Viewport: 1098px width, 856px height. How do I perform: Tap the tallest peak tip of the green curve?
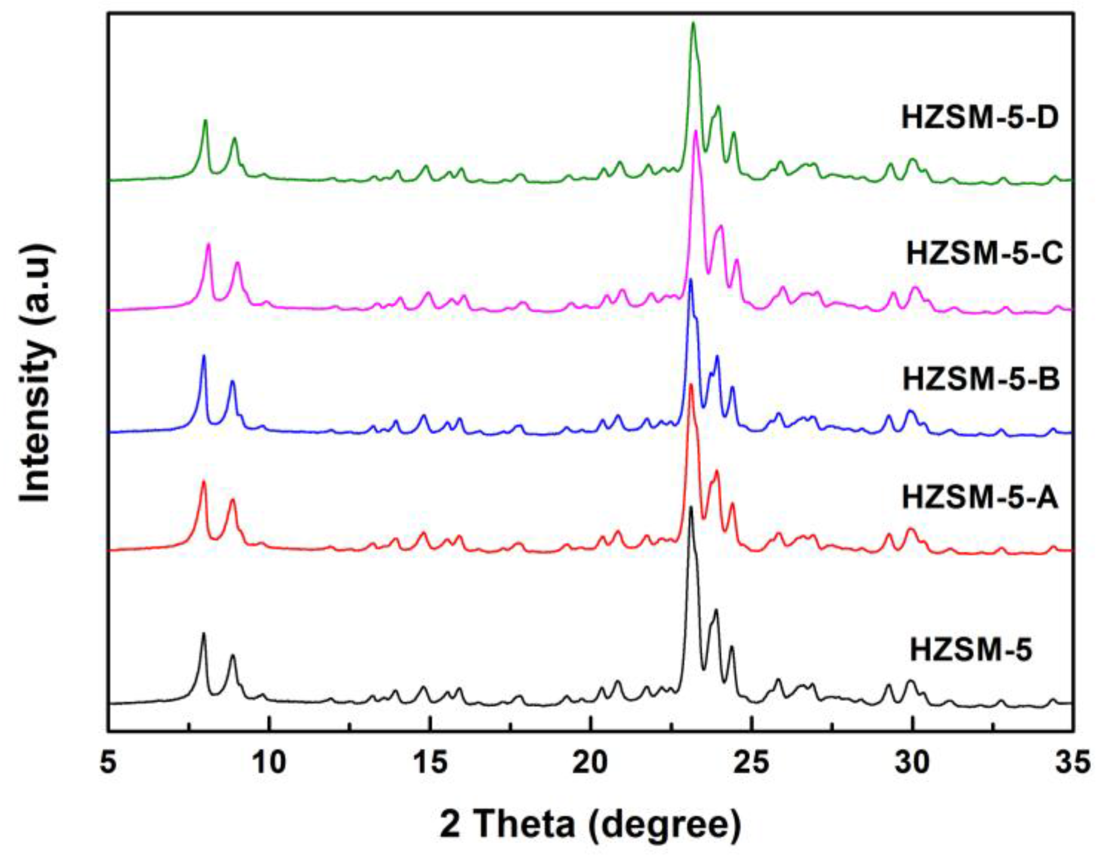point(693,23)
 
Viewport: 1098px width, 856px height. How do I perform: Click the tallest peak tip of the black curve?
point(691,507)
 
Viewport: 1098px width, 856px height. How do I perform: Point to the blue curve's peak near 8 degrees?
point(204,356)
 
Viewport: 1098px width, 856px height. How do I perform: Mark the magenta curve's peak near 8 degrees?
point(209,244)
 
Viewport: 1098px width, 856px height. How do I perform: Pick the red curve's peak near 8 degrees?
point(203,481)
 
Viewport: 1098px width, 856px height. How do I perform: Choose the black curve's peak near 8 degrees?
point(203,633)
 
